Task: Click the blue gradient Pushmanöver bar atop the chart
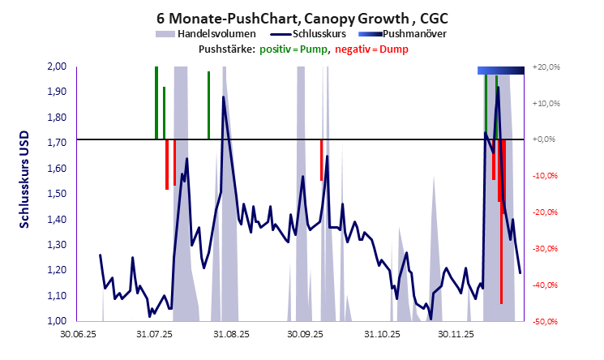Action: click(500, 71)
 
